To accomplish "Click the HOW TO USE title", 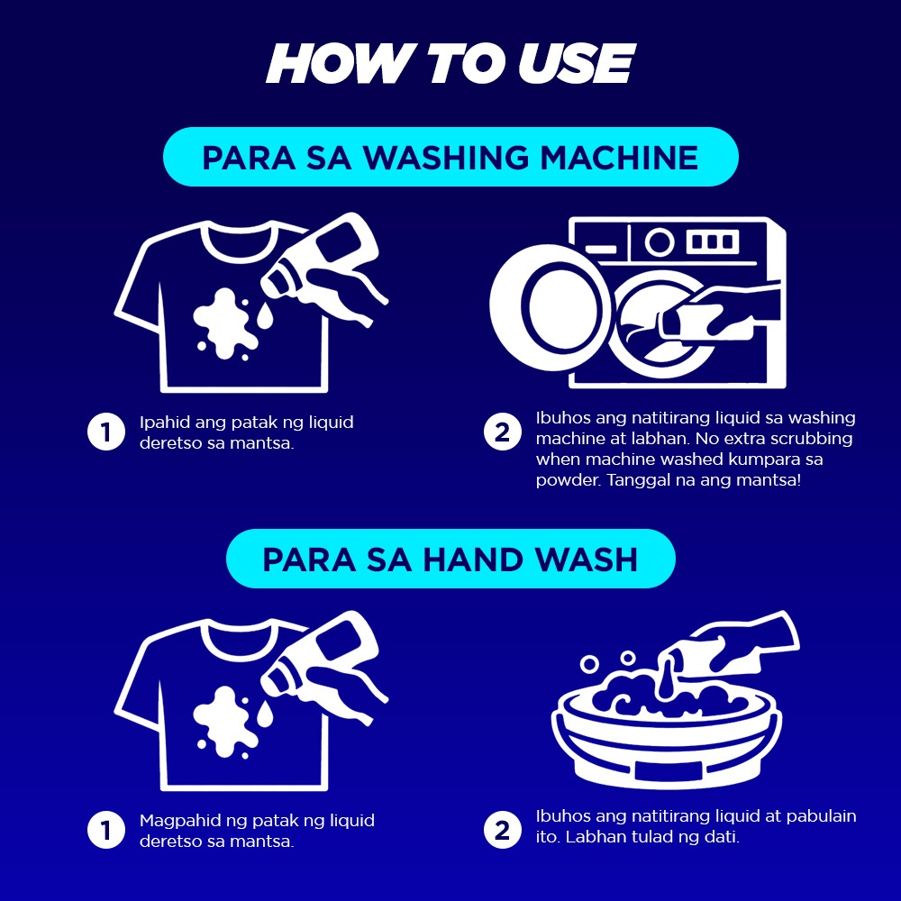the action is [450, 63].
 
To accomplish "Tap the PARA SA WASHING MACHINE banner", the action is [450, 157].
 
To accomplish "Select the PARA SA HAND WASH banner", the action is [450, 559].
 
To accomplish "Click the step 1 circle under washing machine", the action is [106, 432].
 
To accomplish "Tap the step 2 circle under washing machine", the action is [502, 432].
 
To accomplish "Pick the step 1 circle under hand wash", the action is [106, 830].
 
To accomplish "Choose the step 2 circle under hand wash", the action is [502, 830].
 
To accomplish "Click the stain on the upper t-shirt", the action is [225, 324].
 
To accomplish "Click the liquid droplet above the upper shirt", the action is [265, 316].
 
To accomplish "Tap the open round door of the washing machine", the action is [550, 307].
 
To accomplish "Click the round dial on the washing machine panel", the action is [660, 241].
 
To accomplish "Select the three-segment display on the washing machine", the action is [713, 241].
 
